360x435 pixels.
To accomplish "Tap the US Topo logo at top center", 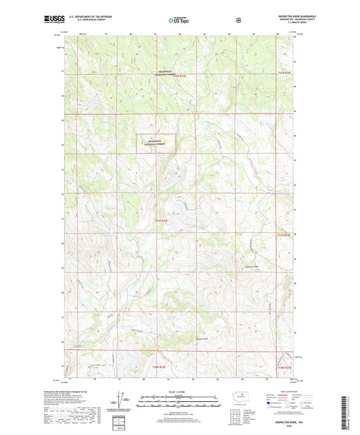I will [x=180, y=20].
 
